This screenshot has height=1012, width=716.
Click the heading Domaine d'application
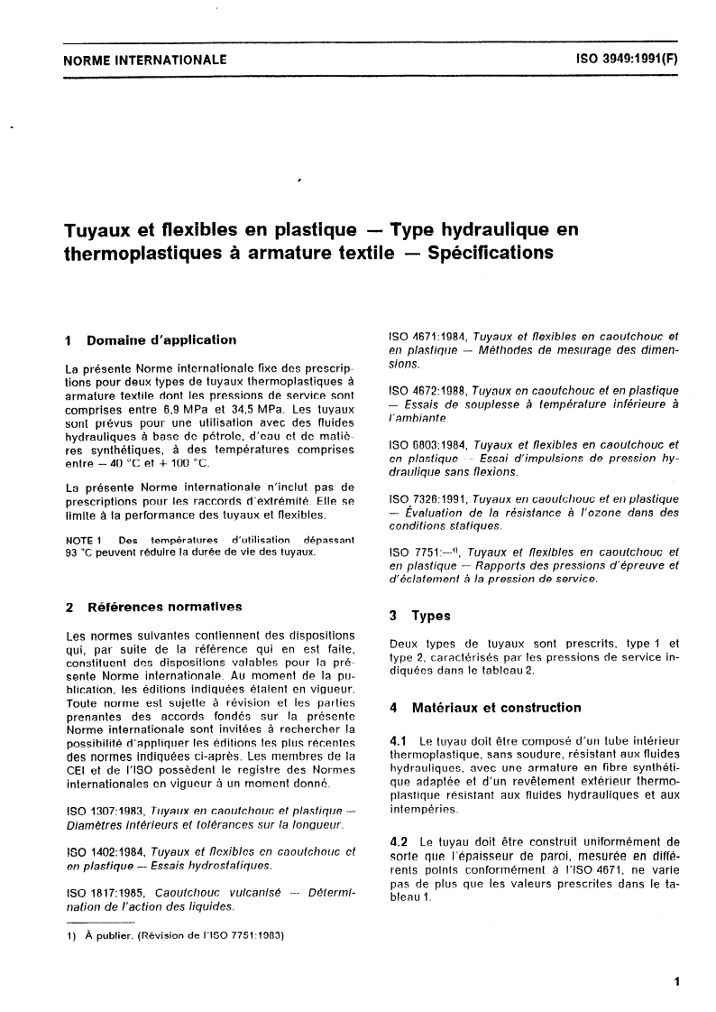[x=161, y=340]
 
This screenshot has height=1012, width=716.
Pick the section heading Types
[x=431, y=617]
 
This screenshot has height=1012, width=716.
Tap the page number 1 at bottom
[x=675, y=980]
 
